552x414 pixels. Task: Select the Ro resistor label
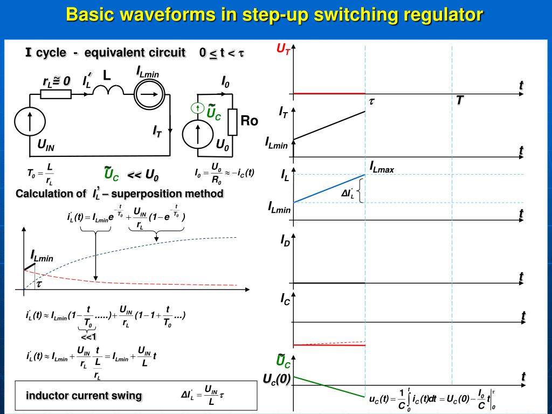pyautogui.click(x=249, y=121)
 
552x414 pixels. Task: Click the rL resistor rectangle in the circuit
pyautogui.click(x=56, y=95)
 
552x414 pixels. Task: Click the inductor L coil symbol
pyautogui.click(x=109, y=92)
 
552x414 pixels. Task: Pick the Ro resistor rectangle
pyautogui.click(x=232, y=122)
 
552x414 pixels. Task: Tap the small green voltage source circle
pyautogui.click(x=198, y=109)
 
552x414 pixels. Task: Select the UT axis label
pyautogui.click(x=284, y=50)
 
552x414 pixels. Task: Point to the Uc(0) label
pyautogui.click(x=277, y=379)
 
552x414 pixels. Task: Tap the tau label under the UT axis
pyautogui.click(x=371, y=101)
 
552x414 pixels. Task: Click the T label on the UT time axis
pyautogui.click(x=460, y=100)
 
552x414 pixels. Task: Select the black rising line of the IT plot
pyautogui.click(x=329, y=126)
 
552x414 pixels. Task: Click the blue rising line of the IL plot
pyautogui.click(x=329, y=188)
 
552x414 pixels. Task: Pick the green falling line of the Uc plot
pyautogui.click(x=329, y=386)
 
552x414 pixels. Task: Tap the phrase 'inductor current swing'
pyautogui.click(x=84, y=396)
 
